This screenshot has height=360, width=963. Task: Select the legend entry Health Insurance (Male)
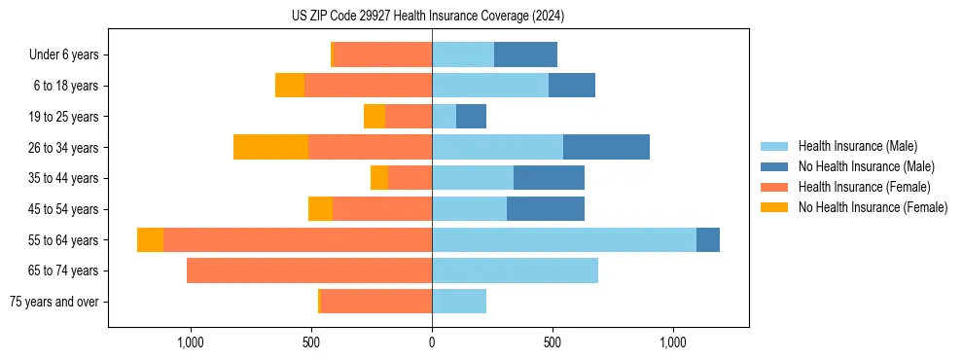point(857,146)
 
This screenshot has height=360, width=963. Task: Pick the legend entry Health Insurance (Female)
point(864,187)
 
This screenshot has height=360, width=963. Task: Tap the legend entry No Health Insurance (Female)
point(873,207)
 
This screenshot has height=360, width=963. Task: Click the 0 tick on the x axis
point(432,342)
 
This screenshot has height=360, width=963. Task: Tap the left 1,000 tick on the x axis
point(190,342)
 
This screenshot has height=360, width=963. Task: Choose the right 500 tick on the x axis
point(553,342)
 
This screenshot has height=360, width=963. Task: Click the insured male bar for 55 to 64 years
point(564,239)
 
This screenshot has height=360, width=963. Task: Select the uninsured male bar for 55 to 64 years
point(708,239)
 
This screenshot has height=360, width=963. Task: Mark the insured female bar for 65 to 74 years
point(309,270)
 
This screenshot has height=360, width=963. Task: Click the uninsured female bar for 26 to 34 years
point(270,147)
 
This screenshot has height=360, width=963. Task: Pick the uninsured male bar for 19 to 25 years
point(471,116)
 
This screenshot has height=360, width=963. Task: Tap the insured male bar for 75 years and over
point(459,302)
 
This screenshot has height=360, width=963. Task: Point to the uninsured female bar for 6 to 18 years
point(290,86)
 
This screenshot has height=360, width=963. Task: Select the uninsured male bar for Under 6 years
point(525,54)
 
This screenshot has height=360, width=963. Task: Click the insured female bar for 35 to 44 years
point(410,178)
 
